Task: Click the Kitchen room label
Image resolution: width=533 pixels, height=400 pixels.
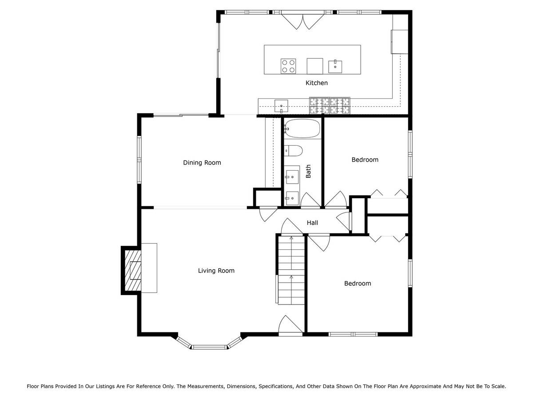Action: [316, 83]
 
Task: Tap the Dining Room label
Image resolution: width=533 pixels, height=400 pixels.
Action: [202, 163]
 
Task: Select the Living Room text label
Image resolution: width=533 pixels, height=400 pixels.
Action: [216, 271]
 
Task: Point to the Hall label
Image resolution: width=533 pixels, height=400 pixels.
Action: [312, 223]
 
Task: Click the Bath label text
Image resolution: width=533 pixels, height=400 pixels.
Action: [308, 171]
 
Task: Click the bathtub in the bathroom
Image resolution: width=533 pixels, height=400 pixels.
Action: [302, 128]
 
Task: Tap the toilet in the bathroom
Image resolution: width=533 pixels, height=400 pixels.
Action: [293, 151]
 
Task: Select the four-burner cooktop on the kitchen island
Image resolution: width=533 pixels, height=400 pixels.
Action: [288, 66]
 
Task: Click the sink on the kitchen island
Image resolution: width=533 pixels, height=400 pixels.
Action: [335, 67]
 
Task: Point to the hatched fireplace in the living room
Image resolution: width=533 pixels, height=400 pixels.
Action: [133, 270]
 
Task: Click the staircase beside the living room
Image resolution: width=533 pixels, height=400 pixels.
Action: [291, 270]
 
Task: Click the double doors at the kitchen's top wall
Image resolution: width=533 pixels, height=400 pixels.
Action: [302, 21]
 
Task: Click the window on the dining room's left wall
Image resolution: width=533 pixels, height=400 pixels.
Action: [139, 160]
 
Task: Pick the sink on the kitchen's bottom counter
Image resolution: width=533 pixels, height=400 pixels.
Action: [281, 106]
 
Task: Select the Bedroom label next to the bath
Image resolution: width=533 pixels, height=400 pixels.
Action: [365, 160]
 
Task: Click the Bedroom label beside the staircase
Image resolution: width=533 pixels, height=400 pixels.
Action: [358, 284]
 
